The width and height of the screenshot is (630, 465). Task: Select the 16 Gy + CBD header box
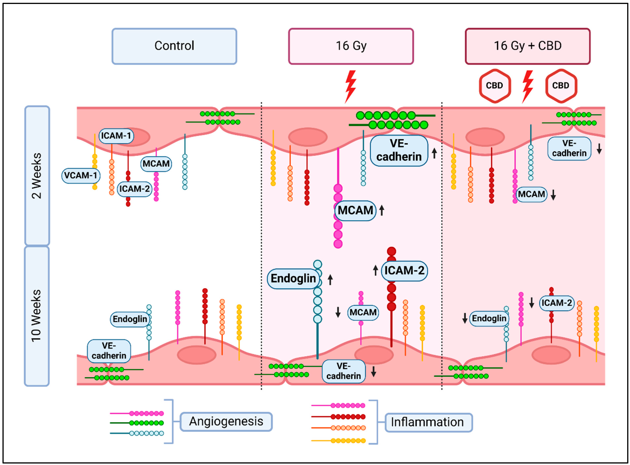click(527, 46)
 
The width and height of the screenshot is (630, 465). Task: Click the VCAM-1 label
click(81, 175)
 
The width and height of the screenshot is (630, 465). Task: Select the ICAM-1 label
click(116, 136)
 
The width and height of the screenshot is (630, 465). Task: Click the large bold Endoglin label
click(293, 278)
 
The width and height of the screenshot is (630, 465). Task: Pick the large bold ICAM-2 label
click(404, 271)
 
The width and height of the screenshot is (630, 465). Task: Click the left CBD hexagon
click(495, 86)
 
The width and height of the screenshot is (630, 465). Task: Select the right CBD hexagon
click(561, 86)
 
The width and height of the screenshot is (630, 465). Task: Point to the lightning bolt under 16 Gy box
click(351, 86)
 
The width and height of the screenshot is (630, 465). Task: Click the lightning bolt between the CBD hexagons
click(528, 86)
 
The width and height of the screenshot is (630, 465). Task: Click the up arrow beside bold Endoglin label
click(330, 279)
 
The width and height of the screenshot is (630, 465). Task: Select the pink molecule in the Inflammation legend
click(338, 406)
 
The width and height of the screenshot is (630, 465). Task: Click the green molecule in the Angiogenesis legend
click(137, 423)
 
